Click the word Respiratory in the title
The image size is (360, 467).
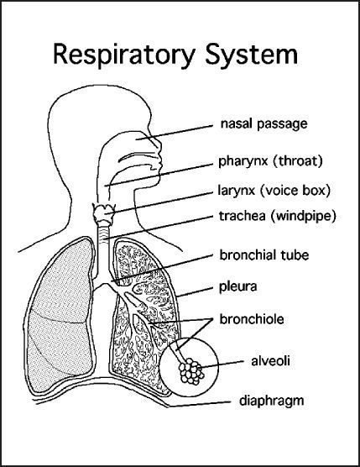coord(123,55)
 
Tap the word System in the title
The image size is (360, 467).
coord(252,54)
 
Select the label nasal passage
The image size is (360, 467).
coord(263,124)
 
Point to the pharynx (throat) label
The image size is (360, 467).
coord(270,161)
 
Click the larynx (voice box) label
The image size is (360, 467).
coord(274,191)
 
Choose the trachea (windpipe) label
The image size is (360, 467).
coord(277,216)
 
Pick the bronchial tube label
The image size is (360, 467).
coord(263,255)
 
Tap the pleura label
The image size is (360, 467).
coord(237,287)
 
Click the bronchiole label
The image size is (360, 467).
coord(252,319)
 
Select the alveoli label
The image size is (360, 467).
coord(270,360)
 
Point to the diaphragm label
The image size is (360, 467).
coord(271,401)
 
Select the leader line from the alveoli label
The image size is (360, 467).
coord(222,364)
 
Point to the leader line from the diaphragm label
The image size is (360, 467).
coord(200,404)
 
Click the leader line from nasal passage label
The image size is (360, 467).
coord(175,132)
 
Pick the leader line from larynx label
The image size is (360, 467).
coord(160,203)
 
